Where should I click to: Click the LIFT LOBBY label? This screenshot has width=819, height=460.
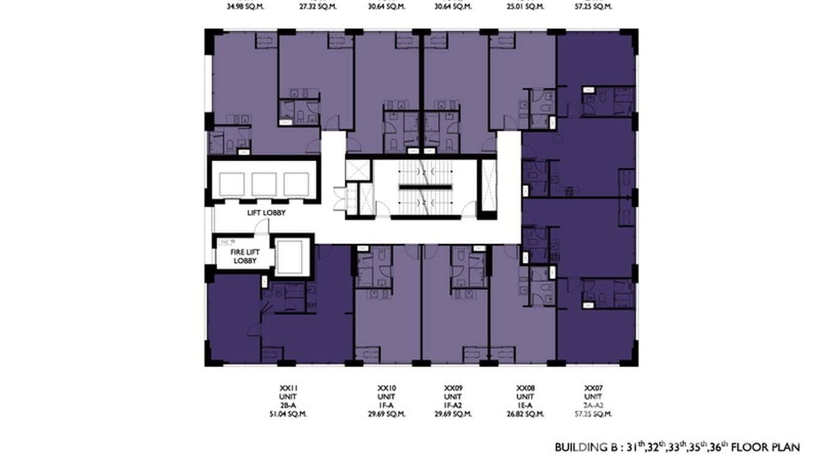(266, 213)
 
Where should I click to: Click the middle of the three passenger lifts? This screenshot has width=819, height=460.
(265, 184)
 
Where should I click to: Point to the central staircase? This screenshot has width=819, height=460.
(425, 187)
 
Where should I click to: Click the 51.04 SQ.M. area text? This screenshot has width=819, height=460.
(287, 414)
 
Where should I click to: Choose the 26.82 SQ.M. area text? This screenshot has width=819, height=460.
(526, 414)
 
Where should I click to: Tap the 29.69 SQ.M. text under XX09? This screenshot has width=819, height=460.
(454, 414)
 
